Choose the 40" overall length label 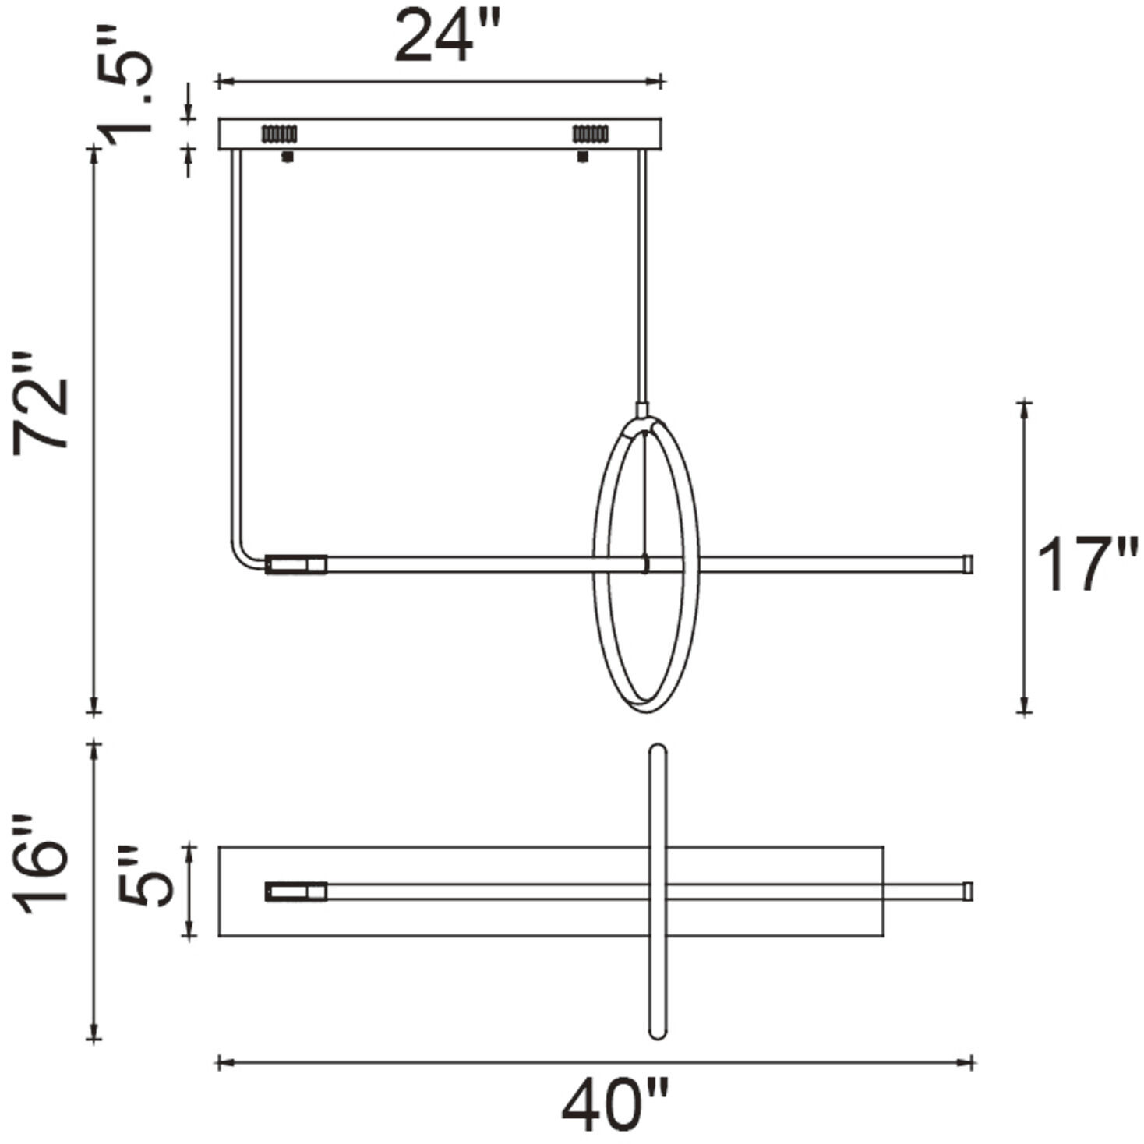coord(615,1105)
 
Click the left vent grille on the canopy coord(279,134)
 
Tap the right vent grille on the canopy coord(590,134)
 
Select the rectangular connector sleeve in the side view coord(295,564)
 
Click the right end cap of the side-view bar coord(968,563)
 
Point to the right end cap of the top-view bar coord(968,891)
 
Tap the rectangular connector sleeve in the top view coord(295,892)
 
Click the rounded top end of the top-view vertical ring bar coord(658,752)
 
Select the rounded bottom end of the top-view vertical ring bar coord(658,1030)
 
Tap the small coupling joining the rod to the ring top coord(642,409)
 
